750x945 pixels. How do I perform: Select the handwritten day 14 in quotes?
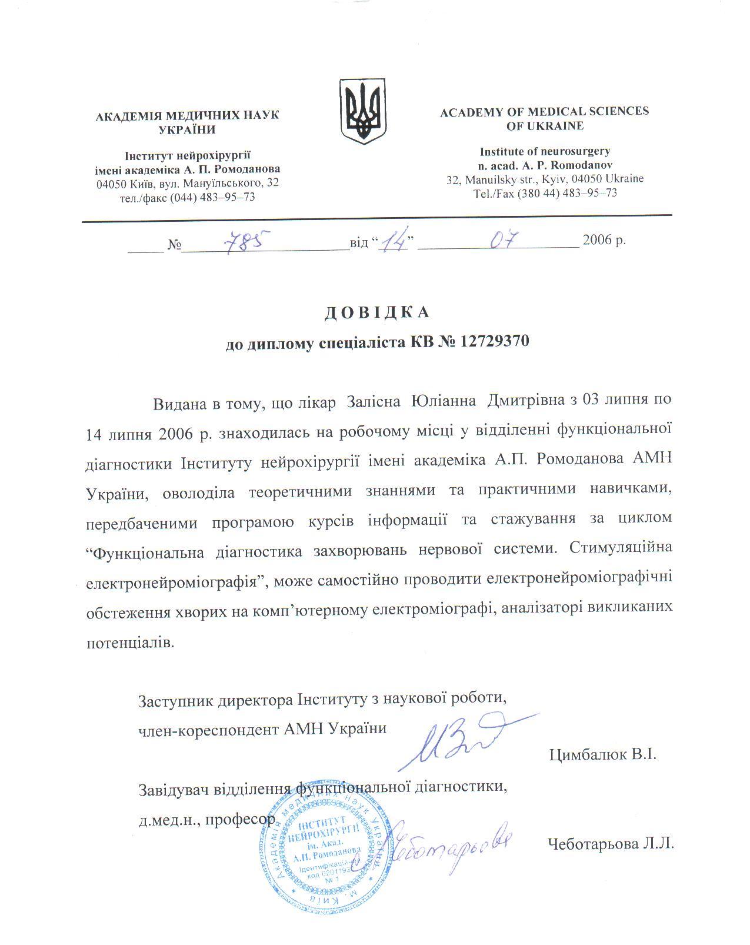click(x=394, y=242)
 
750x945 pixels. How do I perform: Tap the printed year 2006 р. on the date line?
click(x=604, y=241)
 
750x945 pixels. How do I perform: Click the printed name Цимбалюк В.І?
click(x=602, y=754)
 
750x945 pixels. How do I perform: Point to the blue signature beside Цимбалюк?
click(x=465, y=739)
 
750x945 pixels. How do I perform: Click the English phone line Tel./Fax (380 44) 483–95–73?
click(x=545, y=192)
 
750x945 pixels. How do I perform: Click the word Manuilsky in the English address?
click(x=490, y=179)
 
